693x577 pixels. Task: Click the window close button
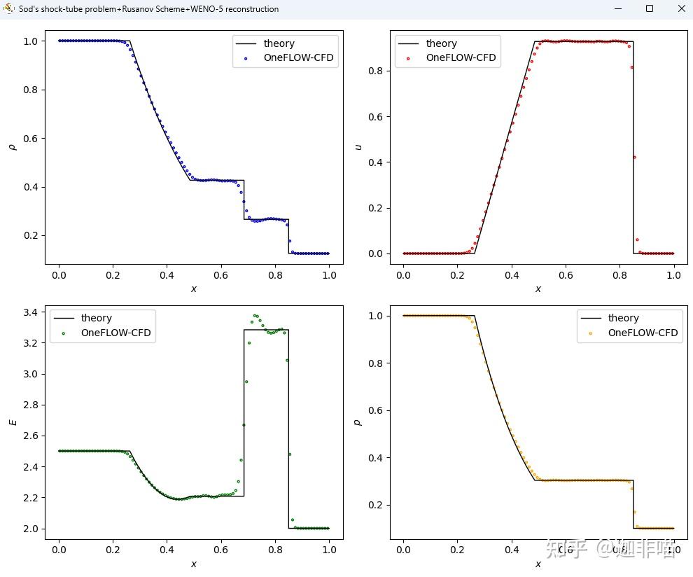coord(681,9)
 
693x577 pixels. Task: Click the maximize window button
coord(650,9)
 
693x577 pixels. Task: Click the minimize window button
coord(618,9)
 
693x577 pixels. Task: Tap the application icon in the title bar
coord(8,9)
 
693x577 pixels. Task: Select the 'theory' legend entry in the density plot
coord(279,43)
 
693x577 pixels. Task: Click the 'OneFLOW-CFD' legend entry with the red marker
coord(460,58)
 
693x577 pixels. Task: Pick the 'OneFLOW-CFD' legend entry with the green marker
coord(115,333)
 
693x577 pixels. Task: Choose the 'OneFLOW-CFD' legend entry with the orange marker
coord(642,333)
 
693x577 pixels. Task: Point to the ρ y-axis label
coord(11,147)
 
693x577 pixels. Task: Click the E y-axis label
coord(11,422)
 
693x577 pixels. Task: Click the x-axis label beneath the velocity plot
coord(538,288)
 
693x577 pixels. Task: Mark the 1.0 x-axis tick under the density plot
coord(328,276)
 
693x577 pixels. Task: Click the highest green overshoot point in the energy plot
coord(255,316)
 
